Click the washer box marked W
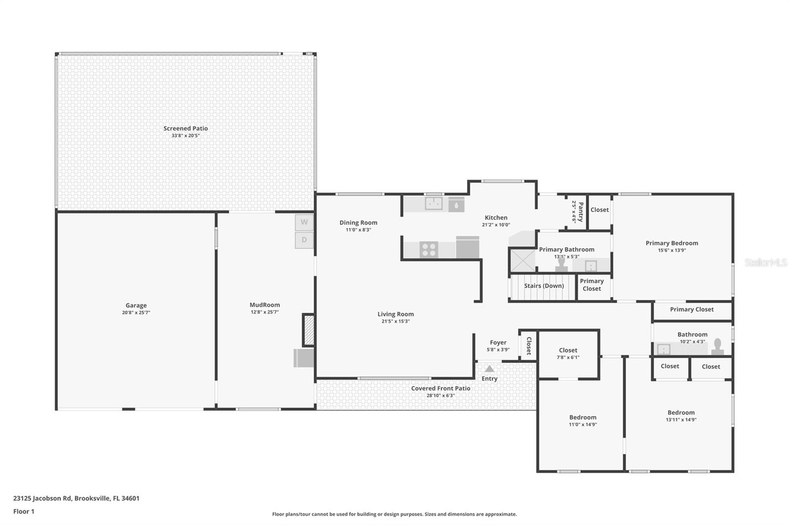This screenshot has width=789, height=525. click(x=304, y=222)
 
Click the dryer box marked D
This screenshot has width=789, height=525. click(x=304, y=240)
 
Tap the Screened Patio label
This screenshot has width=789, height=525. click(x=185, y=129)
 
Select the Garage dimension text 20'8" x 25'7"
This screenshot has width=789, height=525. click(x=136, y=312)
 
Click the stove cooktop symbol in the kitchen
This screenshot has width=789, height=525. click(x=429, y=250)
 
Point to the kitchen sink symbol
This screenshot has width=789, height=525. click(x=434, y=203)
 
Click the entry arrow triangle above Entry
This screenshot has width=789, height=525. click(x=489, y=368)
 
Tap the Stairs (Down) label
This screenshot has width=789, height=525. click(x=543, y=286)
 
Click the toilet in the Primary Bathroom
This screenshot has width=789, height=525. click(x=561, y=264)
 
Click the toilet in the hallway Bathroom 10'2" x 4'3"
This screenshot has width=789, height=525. click(x=717, y=347)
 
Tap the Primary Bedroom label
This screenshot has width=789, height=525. click(x=672, y=243)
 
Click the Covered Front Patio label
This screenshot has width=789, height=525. click(x=440, y=388)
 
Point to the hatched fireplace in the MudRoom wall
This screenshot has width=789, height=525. click(x=309, y=330)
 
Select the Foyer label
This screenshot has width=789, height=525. click(x=498, y=342)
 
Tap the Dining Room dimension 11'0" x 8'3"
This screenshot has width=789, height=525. click(x=358, y=230)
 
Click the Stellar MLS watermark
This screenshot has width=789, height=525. click(x=765, y=262)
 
